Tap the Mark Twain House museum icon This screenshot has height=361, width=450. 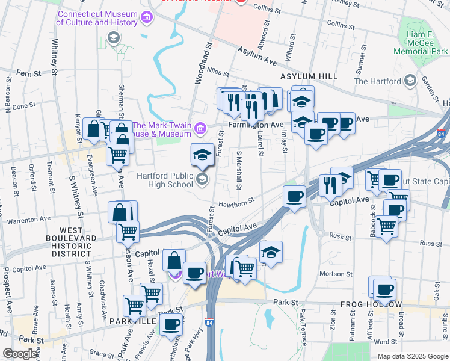pos(200,128)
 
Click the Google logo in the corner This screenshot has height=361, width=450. pos(20,354)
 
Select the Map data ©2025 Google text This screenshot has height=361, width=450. pos(413,356)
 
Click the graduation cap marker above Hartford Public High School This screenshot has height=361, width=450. pos(202,156)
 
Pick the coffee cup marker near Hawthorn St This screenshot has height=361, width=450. pos(294,197)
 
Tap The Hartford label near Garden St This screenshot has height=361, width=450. pos(377,81)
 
